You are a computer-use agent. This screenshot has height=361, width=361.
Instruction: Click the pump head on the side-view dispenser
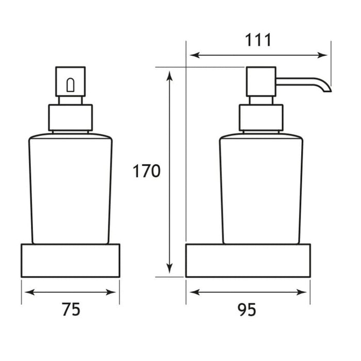(261, 81)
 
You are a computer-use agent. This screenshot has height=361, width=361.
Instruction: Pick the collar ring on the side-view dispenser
(261, 117)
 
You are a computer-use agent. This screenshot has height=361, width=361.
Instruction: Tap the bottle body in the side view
(261, 188)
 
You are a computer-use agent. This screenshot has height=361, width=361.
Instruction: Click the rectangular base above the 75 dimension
(70, 260)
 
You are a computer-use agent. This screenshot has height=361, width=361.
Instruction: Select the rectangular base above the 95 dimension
(248, 260)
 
